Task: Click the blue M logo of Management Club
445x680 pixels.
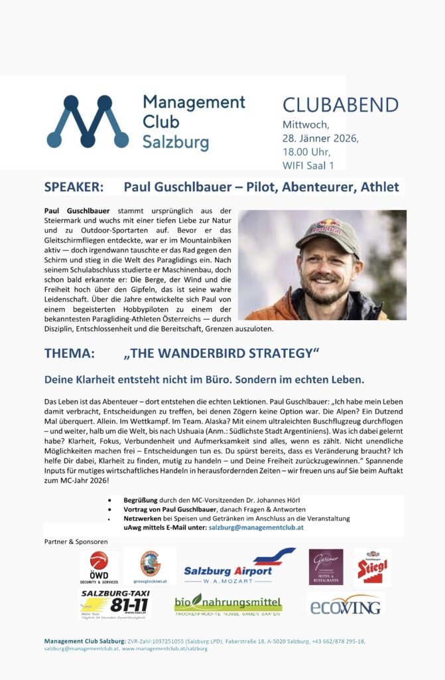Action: (88, 121)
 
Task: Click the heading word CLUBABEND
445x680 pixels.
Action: (340, 105)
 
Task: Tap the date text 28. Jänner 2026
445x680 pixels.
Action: (320, 139)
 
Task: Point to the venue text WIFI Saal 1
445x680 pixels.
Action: (308, 165)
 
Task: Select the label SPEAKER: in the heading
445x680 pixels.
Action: (74, 187)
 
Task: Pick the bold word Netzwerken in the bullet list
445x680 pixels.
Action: (145, 518)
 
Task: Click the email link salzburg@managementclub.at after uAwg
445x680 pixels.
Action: (256, 527)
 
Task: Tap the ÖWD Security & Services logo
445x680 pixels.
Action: (99, 566)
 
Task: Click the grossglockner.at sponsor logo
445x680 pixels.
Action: (150, 565)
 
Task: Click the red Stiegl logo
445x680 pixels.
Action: (372, 566)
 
